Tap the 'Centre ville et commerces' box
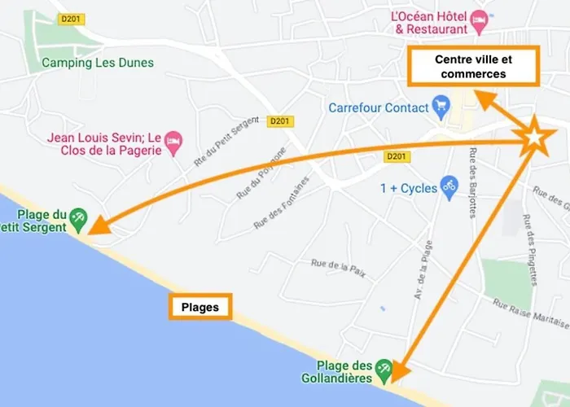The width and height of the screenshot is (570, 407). coord(473,67)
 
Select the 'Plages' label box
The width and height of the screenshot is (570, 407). coord(199,308)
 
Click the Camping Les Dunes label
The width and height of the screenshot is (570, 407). coord(98,63)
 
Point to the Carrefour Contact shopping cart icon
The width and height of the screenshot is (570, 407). coord(442,105)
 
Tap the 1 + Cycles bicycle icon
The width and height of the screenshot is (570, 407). coord(448,186)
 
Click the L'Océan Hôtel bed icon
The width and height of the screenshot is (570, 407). coord(480,17)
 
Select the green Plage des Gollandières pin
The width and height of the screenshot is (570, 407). coord(384,370)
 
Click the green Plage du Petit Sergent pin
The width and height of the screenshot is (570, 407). coord(77,217)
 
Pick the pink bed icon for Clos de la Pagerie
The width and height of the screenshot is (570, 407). coord(173,143)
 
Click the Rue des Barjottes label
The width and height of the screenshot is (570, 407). coord(472,182)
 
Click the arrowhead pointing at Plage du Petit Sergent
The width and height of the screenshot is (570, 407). coord(97,228)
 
